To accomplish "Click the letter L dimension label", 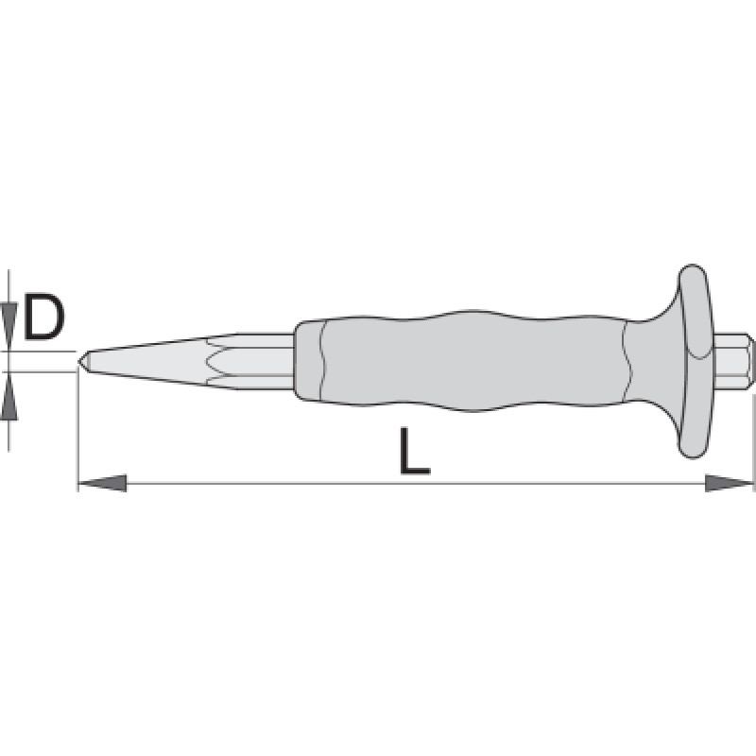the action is coord(415,451).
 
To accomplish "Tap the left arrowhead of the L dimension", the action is coord(102,483).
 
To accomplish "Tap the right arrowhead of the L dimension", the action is coord(729,483).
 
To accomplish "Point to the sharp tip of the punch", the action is coord(78,362).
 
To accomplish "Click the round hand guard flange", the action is coord(695,362).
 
